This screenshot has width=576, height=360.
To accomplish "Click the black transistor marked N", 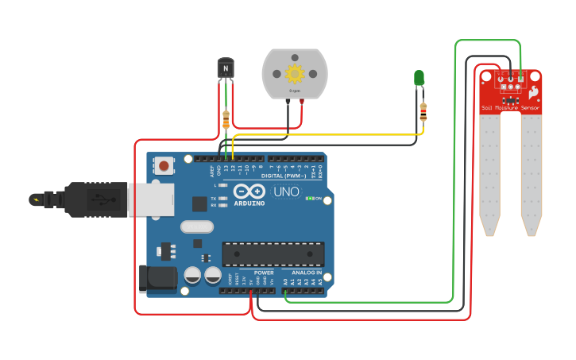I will (226, 69).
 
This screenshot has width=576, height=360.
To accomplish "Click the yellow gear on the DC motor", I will (295, 74).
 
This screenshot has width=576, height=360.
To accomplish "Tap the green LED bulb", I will (419, 77).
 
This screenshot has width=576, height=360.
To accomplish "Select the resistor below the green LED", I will (423, 112).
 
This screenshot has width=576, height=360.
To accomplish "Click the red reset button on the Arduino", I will (164, 166).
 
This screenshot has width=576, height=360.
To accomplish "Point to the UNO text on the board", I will (286, 192).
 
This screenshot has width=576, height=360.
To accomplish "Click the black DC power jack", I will (157, 278).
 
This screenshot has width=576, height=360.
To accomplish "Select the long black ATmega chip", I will (273, 254).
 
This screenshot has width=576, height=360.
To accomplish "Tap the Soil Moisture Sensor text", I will (510, 107).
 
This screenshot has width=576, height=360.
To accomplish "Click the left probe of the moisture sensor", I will (490, 175).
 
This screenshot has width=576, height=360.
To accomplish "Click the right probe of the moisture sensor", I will (532, 175).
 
